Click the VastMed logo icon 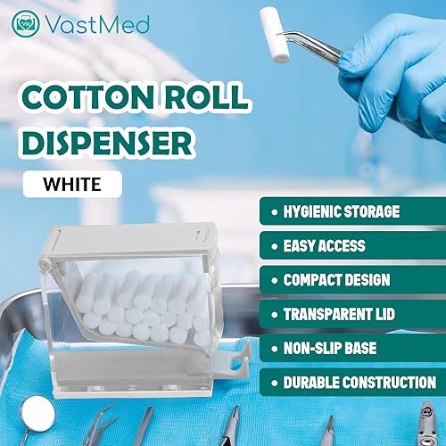pos(25,22)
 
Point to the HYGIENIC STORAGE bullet pos(348,211)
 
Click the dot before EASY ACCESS pos(272,245)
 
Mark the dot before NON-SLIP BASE pos(272,348)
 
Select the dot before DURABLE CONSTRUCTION pos(272,382)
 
